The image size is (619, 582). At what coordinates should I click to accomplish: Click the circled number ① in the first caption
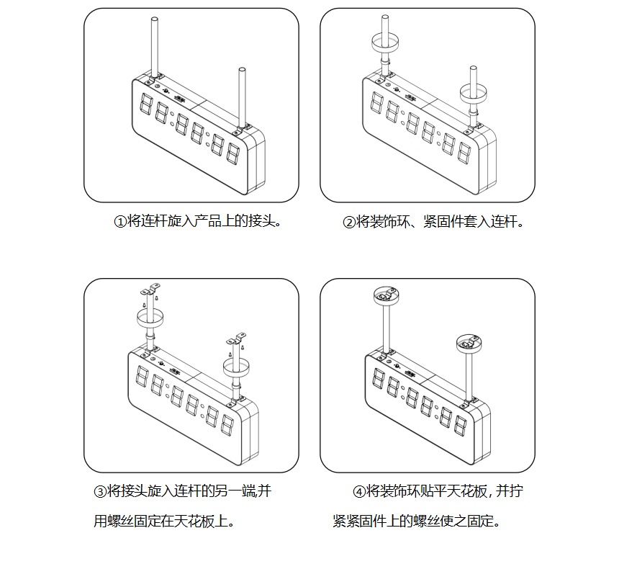(x=120, y=222)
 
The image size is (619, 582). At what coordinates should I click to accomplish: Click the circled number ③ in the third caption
(x=100, y=493)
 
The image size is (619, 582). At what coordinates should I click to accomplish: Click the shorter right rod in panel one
(x=242, y=94)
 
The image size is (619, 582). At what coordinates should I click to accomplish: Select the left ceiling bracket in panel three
(x=150, y=291)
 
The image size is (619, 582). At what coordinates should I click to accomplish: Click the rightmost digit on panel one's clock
(x=233, y=153)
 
